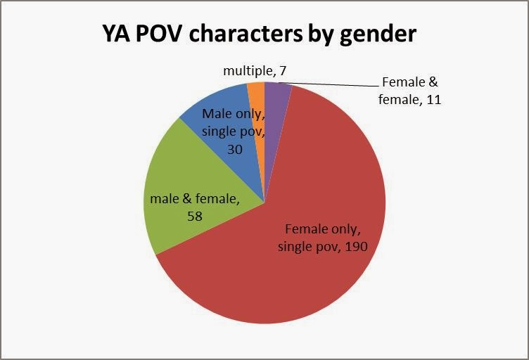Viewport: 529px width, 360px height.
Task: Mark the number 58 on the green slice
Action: click(195, 217)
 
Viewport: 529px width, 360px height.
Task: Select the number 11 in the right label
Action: click(433, 99)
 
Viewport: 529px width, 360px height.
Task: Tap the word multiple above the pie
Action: click(248, 70)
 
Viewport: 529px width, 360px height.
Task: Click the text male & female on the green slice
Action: click(195, 200)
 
